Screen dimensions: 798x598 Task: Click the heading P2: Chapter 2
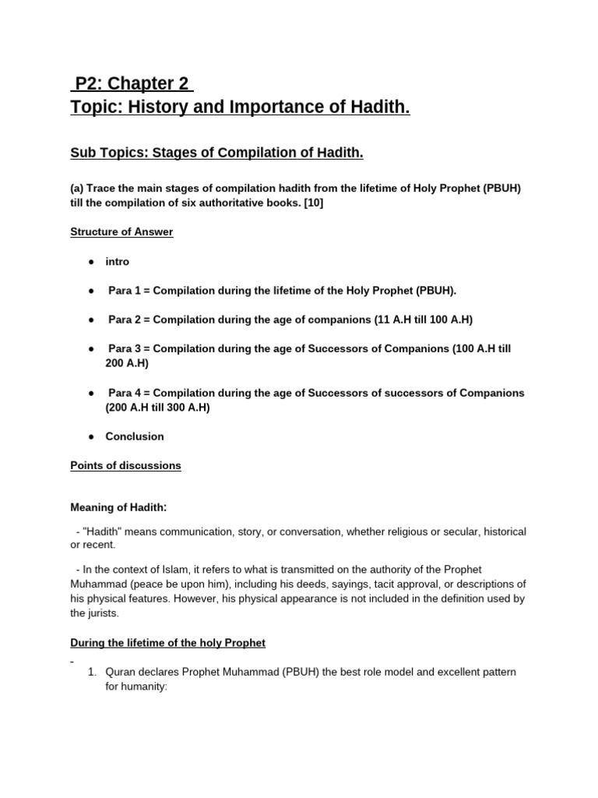132,83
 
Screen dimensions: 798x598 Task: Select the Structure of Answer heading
121,232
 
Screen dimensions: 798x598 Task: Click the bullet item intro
118,262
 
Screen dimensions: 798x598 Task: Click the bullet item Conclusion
135,436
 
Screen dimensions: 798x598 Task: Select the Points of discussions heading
125,465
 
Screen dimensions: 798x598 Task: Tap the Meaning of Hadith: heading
119,507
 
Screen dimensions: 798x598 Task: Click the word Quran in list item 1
121,672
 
